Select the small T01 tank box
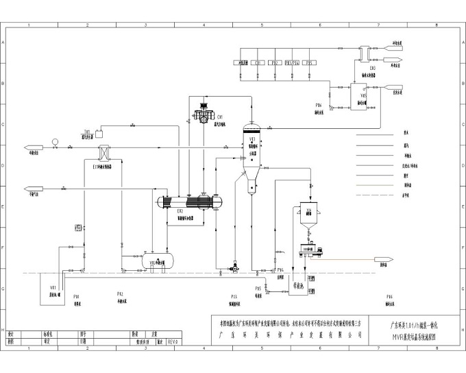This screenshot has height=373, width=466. (99, 130)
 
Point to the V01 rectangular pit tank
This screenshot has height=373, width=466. (51, 287)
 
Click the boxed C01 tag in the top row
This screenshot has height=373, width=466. (259, 62)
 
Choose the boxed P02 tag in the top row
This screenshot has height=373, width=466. (275, 62)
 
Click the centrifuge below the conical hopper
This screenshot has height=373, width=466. (312, 252)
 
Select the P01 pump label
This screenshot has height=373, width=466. (77, 296)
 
